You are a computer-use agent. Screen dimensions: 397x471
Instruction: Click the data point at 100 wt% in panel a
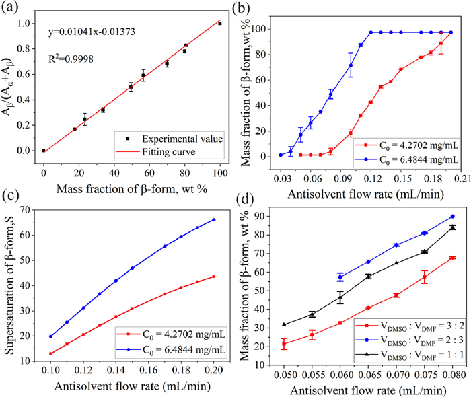point(219,23)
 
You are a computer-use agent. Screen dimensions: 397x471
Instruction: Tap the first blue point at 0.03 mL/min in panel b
point(281,155)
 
